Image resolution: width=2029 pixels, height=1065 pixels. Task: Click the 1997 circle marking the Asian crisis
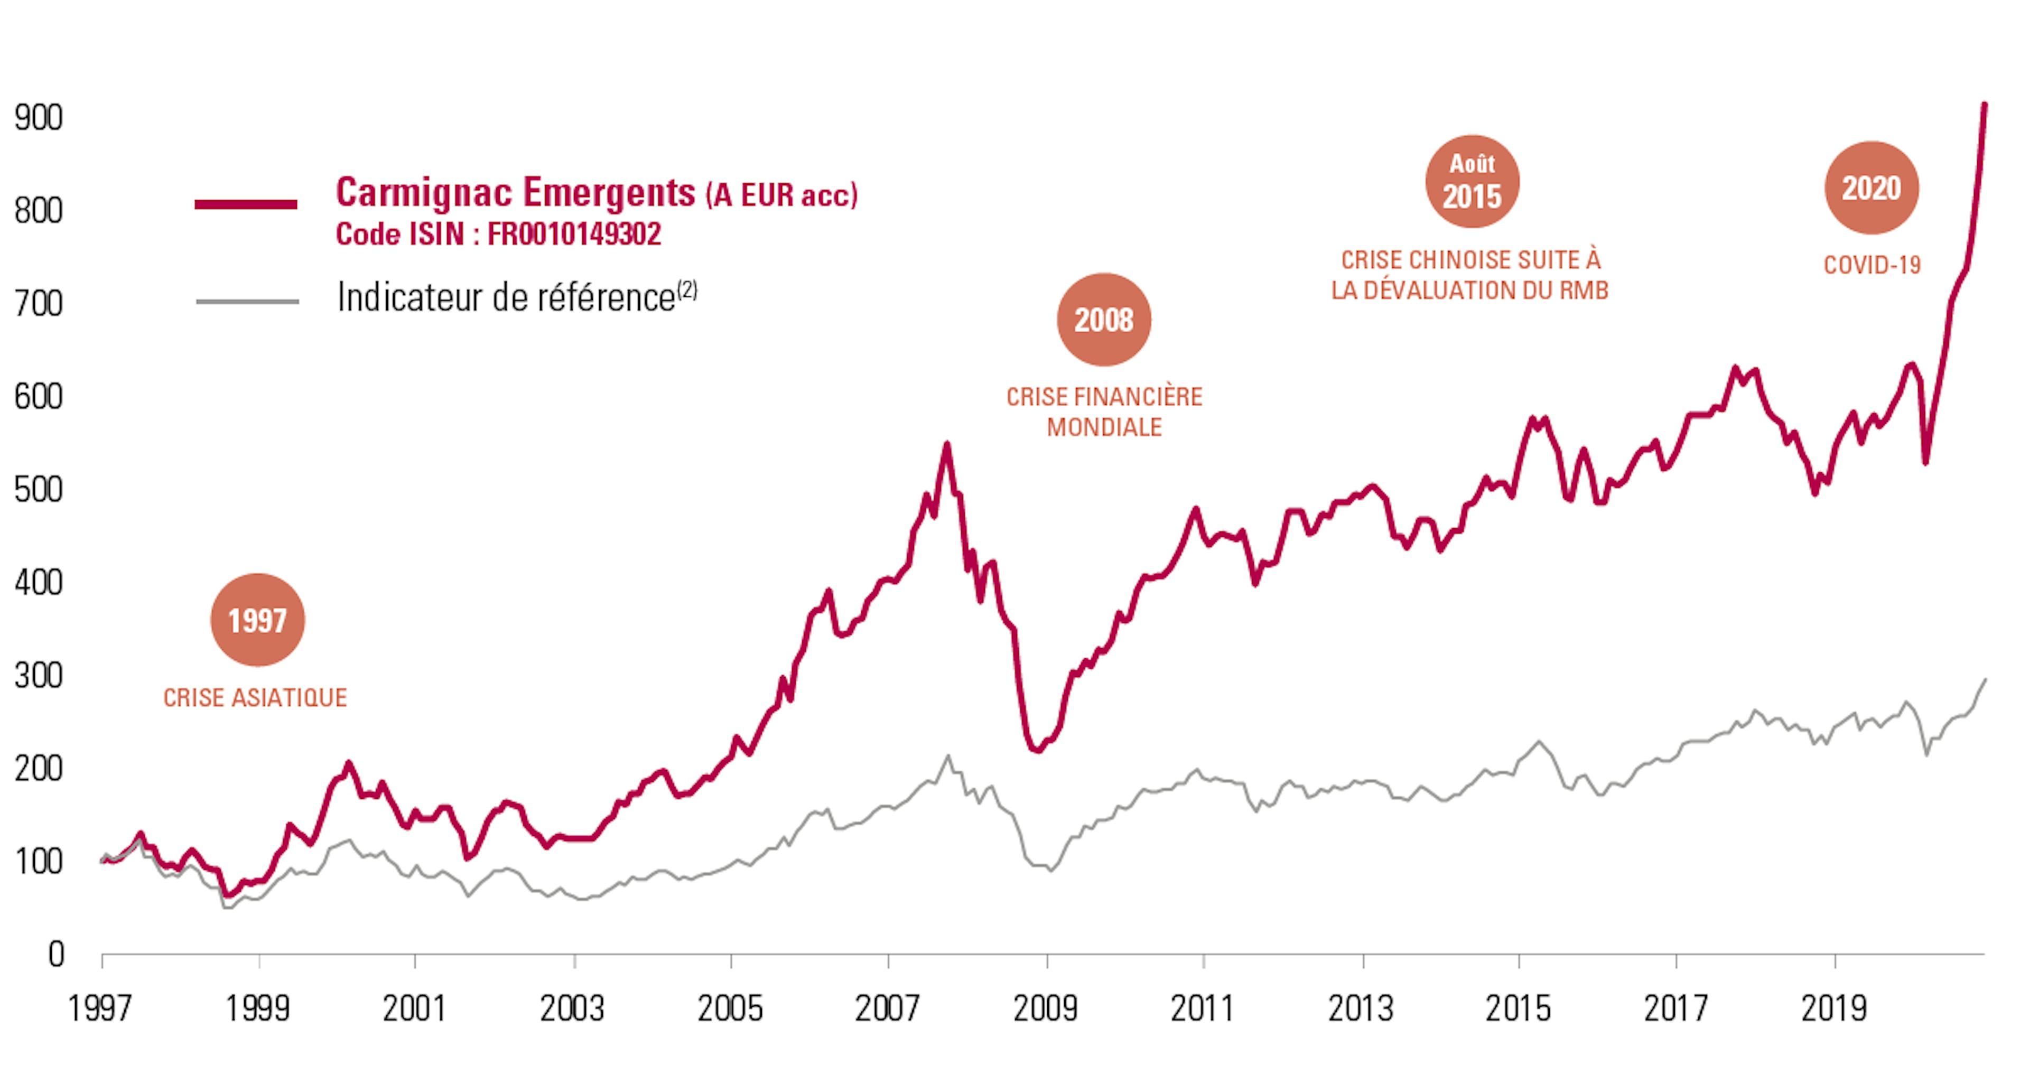tap(257, 621)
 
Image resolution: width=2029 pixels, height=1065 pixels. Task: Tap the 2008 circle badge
tap(1103, 320)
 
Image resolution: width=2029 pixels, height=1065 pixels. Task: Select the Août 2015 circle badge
tap(1472, 182)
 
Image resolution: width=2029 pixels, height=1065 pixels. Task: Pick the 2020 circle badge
tap(1872, 188)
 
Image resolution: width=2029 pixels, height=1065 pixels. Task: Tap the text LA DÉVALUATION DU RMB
tap(1470, 291)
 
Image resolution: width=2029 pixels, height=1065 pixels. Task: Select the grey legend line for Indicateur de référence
tap(247, 301)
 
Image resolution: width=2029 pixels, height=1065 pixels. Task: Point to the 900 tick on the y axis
tap(38, 118)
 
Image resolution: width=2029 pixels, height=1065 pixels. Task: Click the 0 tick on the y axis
tap(55, 955)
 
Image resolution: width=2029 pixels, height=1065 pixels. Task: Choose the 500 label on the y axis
tap(38, 490)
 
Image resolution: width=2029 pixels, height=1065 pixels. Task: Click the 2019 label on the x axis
tap(1835, 1009)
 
